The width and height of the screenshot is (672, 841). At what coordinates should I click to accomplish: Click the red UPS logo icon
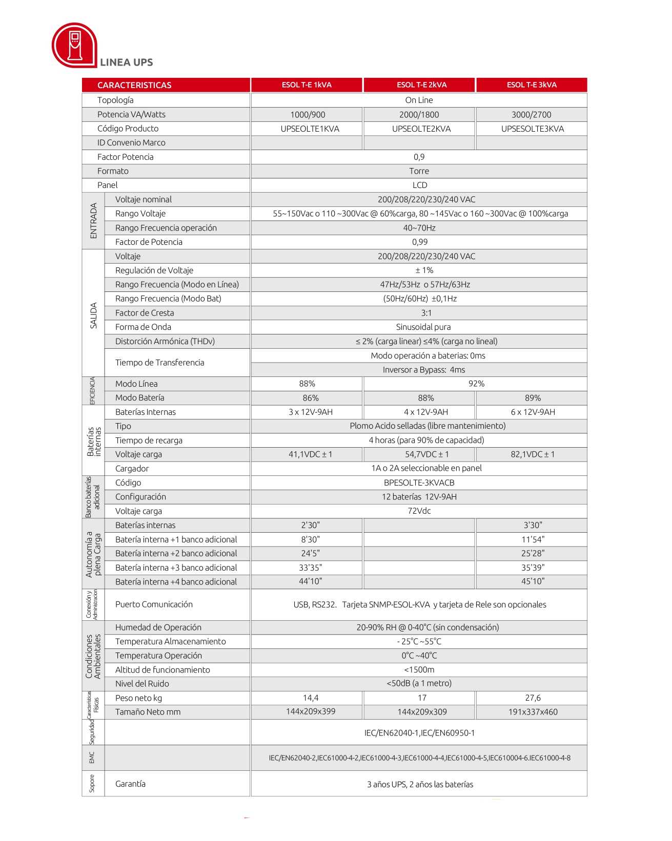tap(74, 45)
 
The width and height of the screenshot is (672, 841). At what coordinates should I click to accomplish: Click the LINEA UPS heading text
tap(127, 62)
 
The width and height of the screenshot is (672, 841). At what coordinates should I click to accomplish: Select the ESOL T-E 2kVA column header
tap(421, 85)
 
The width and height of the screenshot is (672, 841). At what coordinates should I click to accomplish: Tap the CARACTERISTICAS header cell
tap(134, 85)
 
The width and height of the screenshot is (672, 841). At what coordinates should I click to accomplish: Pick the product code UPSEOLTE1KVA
tap(310, 129)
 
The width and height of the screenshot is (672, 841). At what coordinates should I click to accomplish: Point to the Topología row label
tap(115, 100)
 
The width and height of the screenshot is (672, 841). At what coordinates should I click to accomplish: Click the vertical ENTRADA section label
tap(93, 221)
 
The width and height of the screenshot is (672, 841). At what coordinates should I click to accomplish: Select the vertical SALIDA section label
tap(93, 315)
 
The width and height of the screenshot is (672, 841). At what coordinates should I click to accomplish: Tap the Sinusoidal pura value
tap(423, 327)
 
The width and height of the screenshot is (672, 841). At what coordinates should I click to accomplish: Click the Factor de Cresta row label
tap(145, 313)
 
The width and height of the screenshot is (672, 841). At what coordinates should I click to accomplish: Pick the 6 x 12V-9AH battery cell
tap(533, 412)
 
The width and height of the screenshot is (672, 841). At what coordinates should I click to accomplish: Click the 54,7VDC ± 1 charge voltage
tap(426, 454)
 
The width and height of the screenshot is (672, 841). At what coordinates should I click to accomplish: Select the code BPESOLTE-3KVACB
tap(419, 482)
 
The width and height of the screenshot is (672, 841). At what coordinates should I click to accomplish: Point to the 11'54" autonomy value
tap(533, 539)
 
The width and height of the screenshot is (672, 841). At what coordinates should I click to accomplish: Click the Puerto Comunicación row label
tap(154, 604)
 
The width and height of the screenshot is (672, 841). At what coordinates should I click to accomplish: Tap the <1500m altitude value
tap(419, 669)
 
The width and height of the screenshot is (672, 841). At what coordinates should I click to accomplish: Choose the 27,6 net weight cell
tap(533, 698)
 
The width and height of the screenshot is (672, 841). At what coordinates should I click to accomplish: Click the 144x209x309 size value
tap(422, 712)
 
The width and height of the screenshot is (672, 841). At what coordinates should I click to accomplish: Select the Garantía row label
tap(130, 784)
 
